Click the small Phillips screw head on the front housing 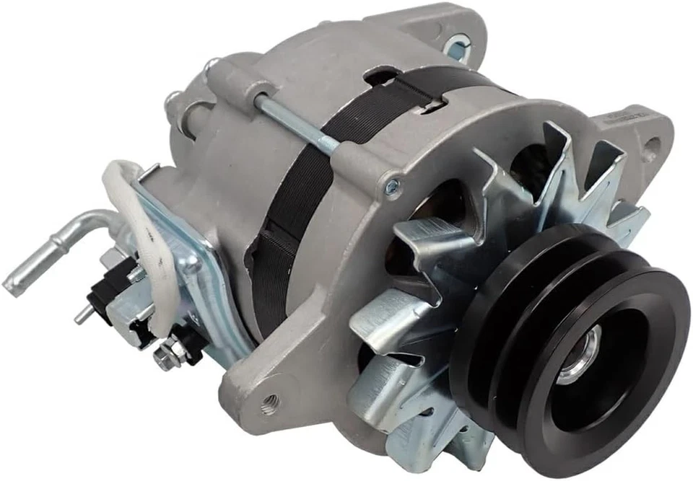(391, 185)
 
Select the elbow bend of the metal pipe (87, 220)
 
